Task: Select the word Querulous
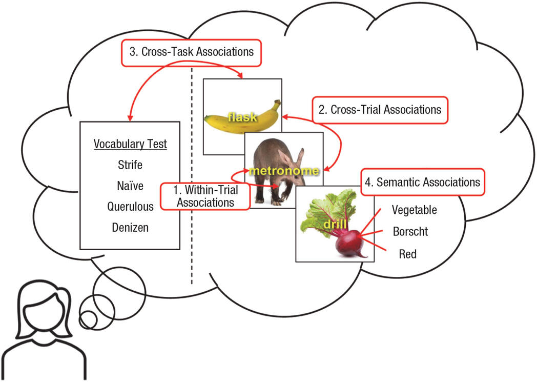(130, 207)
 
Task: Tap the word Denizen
(130, 228)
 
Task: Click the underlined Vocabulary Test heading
(130, 144)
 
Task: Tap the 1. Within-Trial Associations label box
(205, 195)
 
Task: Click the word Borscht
(410, 231)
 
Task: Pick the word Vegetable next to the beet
(415, 210)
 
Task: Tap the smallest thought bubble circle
(89, 319)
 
